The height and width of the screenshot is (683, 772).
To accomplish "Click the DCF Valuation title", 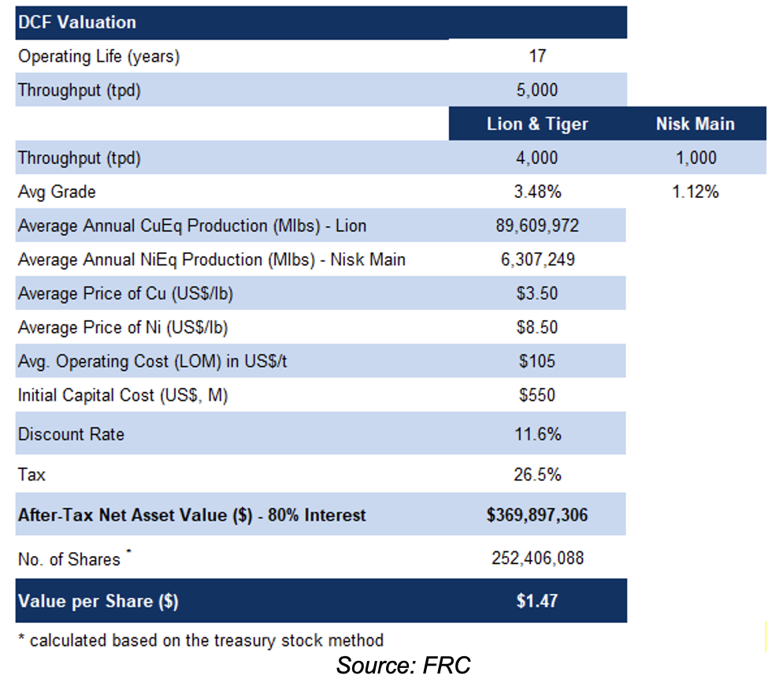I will [76, 22].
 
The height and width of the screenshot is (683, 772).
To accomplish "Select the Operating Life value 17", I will [537, 56].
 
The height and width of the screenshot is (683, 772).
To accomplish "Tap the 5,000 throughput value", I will [537, 90].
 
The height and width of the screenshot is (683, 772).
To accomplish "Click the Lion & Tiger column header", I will [537, 124].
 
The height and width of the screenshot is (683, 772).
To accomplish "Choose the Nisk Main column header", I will [695, 124].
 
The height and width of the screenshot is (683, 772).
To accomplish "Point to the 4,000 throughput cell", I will [537, 158].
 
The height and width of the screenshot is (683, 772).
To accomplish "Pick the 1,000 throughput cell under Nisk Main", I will [695, 158].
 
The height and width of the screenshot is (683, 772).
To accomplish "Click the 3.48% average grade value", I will [537, 192].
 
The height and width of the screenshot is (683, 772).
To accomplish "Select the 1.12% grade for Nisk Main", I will [695, 192].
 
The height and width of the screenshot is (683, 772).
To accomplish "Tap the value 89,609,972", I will [537, 226].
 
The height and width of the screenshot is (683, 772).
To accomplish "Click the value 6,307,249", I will [537, 259].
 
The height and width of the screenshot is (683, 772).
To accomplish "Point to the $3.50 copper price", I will [537, 293].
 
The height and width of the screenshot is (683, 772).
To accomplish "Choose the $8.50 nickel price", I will [537, 327].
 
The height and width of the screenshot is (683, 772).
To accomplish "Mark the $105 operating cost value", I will [537, 361].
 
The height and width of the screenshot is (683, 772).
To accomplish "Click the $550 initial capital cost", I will [537, 395].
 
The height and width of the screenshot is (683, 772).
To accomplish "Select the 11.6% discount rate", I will [537, 434].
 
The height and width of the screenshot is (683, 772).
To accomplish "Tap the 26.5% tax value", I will [537, 475].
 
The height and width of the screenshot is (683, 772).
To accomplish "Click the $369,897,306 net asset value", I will [537, 516].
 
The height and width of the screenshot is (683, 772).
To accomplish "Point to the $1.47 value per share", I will [537, 601].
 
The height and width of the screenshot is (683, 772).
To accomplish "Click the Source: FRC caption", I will [403, 665].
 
